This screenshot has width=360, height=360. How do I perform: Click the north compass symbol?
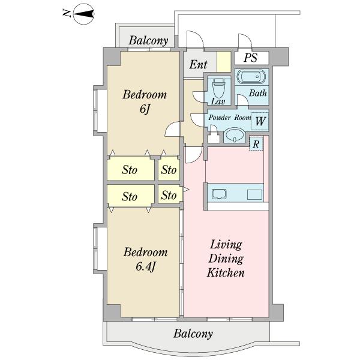click(x=83, y=14)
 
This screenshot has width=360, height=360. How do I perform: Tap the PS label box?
click(x=251, y=58)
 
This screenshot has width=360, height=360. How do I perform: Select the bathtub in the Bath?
click(x=251, y=77)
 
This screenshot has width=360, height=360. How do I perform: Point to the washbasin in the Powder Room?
click(x=235, y=134)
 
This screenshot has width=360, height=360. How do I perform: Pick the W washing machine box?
click(x=260, y=121)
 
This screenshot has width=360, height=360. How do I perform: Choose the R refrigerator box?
click(x=256, y=144)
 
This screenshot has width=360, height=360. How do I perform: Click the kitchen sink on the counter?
click(x=219, y=194)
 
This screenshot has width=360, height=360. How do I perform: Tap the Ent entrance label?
click(x=198, y=65)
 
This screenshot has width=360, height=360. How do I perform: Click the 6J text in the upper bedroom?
click(x=145, y=109)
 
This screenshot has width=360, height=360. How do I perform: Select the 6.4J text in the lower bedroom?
click(x=145, y=267)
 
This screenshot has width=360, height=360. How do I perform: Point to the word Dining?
click(x=226, y=259)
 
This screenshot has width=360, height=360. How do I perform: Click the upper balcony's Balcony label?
click(x=148, y=41)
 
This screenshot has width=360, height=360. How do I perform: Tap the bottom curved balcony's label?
click(x=193, y=334)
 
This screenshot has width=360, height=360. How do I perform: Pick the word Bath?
click(x=258, y=93)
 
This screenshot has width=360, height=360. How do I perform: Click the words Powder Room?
click(x=230, y=118)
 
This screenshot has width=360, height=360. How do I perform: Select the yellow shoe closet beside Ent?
click(x=224, y=62)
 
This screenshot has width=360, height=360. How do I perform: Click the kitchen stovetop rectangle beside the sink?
click(x=254, y=194)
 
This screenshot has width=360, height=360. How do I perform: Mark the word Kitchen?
click(x=226, y=273)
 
